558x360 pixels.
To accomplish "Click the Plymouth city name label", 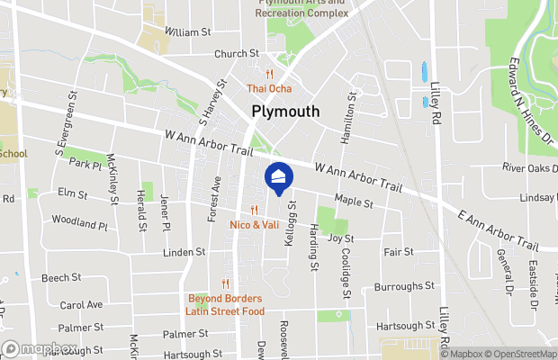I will click(284, 112).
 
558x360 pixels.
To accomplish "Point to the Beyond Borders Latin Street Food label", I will click(225, 304).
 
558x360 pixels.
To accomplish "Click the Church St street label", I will click(236, 53).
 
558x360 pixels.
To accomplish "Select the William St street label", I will click(188, 31).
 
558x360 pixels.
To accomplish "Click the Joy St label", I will click(341, 238).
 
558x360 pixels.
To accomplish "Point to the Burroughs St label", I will click(404, 286).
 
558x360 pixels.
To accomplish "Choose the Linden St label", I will click(184, 252).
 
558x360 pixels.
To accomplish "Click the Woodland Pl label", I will click(79, 220).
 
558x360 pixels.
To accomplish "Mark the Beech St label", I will click(61, 278).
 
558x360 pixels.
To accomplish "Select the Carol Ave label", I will click(81, 304).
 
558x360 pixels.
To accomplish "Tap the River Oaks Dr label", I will click(530, 167).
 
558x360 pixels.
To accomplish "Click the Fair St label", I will click(398, 252).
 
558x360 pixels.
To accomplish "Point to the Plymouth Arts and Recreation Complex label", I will click(301, 9).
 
